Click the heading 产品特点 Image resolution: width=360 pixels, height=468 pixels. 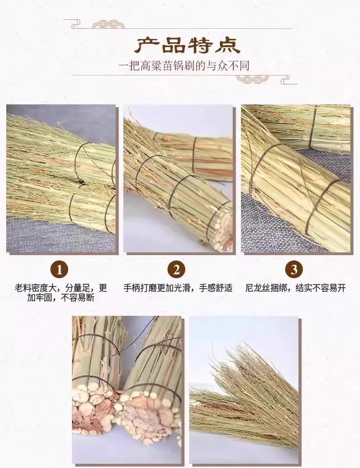187,45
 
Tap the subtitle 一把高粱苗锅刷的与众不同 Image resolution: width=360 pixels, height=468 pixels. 183,66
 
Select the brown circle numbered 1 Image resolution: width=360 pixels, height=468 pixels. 60,270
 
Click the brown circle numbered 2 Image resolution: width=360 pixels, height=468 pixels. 177,270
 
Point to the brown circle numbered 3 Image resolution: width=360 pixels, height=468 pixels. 294,270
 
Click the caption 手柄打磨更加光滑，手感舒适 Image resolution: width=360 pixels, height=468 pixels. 178,288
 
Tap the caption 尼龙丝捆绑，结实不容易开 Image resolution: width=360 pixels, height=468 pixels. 295,288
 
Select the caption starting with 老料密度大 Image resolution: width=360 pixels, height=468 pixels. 61,293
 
